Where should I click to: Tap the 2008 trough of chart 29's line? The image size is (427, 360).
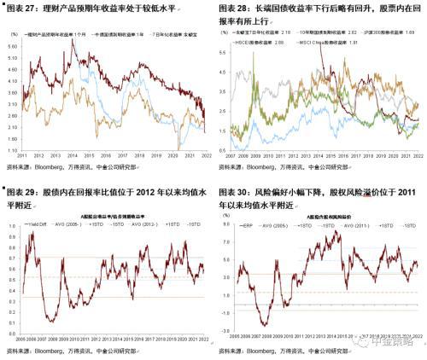[52, 322]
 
